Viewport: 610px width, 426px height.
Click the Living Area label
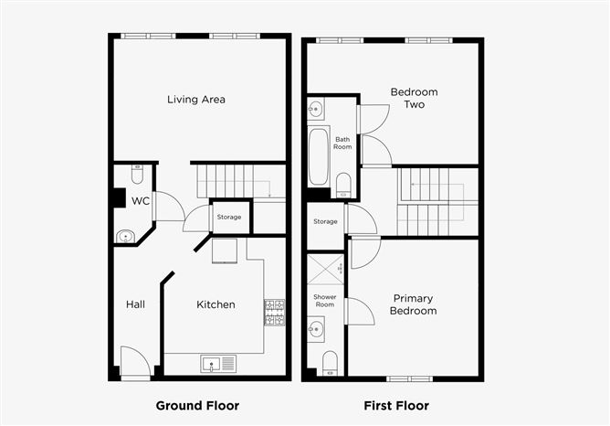click(195, 100)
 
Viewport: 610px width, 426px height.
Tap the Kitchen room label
click(216, 304)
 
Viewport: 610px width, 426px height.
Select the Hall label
click(137, 304)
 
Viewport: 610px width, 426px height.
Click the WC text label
click(141, 200)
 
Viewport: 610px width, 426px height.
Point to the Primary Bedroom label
click(414, 304)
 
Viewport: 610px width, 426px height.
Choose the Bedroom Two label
click(414, 98)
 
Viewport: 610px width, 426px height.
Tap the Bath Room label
click(342, 143)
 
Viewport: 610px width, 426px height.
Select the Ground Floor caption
click(197, 405)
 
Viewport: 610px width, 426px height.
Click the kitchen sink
click(218, 364)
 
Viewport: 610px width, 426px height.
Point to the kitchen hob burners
click(274, 312)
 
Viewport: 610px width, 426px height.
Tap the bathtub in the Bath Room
click(319, 156)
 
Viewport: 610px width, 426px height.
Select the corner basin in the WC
click(124, 236)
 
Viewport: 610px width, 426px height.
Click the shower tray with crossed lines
click(325, 270)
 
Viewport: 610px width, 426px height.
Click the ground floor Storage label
click(228, 217)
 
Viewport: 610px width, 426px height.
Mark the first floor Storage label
click(325, 221)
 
